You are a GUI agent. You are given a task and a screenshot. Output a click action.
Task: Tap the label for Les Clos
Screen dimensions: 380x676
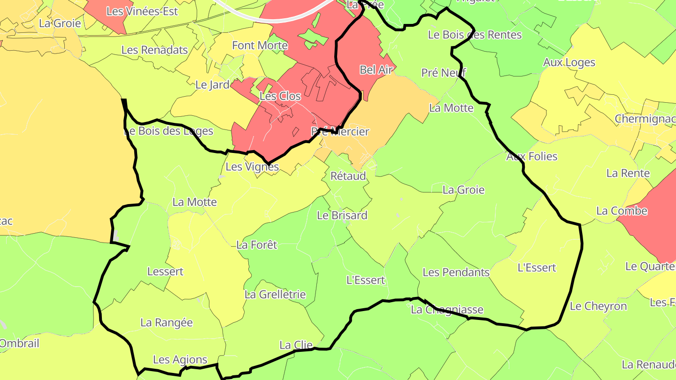[280, 96]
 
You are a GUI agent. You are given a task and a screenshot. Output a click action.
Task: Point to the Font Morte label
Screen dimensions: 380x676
[260, 46]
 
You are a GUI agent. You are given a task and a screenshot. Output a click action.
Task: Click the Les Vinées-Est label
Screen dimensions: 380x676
[142, 11]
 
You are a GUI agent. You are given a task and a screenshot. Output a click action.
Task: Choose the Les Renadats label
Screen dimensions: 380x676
[154, 50]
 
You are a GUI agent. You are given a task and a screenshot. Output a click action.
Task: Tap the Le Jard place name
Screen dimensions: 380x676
[212, 85]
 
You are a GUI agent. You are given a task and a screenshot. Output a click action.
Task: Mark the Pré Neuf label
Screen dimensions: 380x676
[444, 73]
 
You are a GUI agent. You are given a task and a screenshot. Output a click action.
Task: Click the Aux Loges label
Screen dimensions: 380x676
[569, 62]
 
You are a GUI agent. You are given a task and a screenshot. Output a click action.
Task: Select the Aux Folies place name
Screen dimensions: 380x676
[531, 156]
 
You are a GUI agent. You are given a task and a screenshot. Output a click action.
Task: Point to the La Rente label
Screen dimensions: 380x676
[628, 173]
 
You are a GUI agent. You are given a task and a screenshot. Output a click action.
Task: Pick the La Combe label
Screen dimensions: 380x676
[622, 211]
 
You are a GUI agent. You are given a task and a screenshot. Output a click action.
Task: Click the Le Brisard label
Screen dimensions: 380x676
[342, 215]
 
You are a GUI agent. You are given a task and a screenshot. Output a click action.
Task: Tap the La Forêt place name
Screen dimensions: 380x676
[257, 244]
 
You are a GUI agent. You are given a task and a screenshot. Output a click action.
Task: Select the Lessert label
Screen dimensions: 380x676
[165, 271]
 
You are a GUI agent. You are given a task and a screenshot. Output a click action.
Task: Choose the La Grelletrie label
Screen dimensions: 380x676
[275, 295]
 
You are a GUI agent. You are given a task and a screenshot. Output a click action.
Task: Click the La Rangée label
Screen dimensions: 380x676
[167, 323]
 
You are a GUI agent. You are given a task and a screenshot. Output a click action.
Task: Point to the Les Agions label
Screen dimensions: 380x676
[180, 360]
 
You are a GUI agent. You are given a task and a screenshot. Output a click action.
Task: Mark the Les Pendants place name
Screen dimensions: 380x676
[456, 272]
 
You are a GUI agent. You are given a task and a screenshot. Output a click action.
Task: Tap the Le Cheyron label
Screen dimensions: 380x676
[598, 306]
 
